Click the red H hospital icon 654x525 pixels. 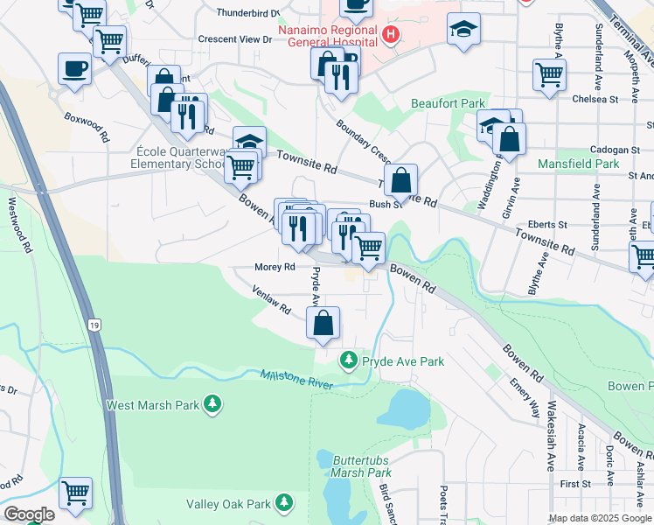point(391,36)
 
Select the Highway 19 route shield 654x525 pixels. point(94,325)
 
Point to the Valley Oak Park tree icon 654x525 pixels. point(283,503)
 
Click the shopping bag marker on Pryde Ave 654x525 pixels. point(323,323)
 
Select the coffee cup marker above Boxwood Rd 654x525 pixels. point(74,68)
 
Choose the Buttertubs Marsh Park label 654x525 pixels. point(354,465)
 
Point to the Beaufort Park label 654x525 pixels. point(448,103)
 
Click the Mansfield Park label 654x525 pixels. point(579,164)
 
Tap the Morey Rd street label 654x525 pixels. point(275,267)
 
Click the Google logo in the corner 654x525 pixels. point(28,514)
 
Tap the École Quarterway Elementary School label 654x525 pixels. point(178,156)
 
